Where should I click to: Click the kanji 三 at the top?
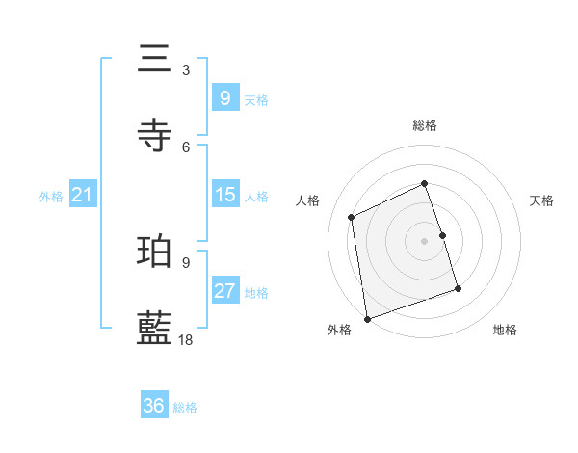(x=155, y=59)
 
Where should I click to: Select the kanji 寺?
(x=155, y=135)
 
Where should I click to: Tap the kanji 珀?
(x=155, y=252)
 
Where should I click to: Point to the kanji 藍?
(x=155, y=329)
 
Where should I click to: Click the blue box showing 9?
(x=224, y=97)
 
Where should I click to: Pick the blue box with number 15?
(x=224, y=195)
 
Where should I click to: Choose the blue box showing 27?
(x=224, y=291)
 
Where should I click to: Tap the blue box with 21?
(x=82, y=195)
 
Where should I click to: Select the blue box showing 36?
(x=154, y=406)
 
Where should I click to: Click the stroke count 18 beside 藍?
(x=186, y=339)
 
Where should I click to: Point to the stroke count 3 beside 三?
(x=186, y=69)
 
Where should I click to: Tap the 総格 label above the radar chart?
(x=425, y=125)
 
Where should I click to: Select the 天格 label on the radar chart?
(x=541, y=200)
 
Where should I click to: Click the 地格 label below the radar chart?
(x=505, y=330)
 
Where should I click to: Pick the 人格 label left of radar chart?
(x=308, y=200)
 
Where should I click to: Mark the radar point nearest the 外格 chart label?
(x=366, y=318)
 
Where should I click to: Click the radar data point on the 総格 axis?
(x=425, y=183)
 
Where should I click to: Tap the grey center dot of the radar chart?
(x=425, y=240)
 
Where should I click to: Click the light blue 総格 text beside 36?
(x=186, y=408)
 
